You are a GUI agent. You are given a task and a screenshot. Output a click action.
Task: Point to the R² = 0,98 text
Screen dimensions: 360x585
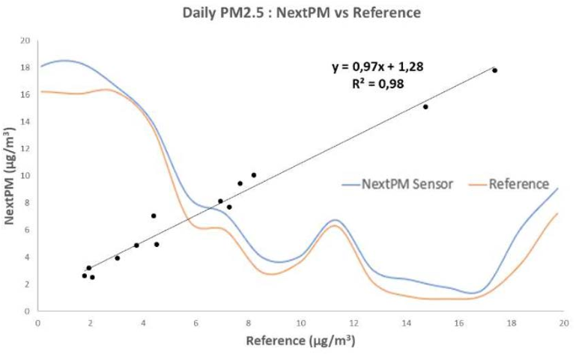click(378, 84)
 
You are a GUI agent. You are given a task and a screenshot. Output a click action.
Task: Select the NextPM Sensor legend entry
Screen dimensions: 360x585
click(397, 183)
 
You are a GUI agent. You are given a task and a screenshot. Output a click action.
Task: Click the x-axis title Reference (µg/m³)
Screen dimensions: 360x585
click(300, 342)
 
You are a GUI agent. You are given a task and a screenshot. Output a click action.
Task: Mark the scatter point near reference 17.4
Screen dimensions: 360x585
click(494, 70)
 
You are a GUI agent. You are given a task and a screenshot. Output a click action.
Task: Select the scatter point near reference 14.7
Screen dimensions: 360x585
click(425, 107)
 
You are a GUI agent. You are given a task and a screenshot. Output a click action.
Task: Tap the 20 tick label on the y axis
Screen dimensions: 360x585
click(24, 40)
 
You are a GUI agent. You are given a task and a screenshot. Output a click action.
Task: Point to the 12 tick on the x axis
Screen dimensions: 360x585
click(354, 323)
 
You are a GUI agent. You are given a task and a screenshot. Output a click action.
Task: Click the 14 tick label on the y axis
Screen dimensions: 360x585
click(24, 121)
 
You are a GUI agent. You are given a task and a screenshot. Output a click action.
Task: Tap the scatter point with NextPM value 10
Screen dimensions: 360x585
click(253, 175)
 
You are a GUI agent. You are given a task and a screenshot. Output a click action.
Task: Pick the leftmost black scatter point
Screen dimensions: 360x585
click(85, 275)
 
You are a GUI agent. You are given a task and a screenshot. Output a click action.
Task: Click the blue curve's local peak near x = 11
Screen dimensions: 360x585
click(335, 220)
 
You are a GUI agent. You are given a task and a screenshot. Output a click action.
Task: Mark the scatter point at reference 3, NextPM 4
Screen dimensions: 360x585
click(117, 257)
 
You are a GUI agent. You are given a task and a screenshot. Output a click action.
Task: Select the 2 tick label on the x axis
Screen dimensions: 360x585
click(91, 323)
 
